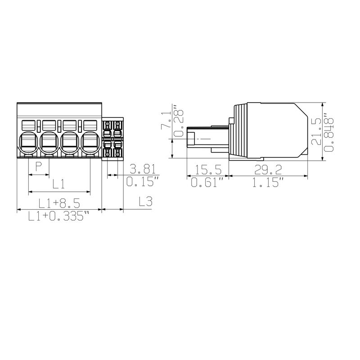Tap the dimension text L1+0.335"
[x=56, y=216]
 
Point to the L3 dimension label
[x=145, y=202]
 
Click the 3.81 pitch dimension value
[x=142, y=169]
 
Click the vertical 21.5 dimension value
[x=316, y=131]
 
